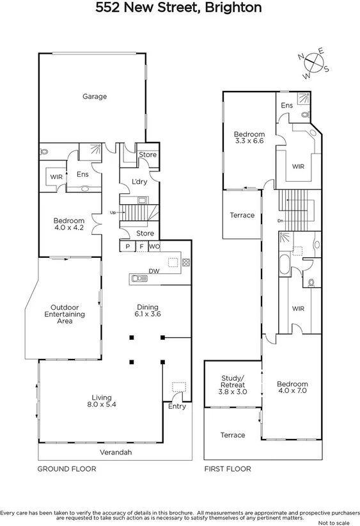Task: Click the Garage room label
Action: point(94,97)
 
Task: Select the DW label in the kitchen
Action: point(153,271)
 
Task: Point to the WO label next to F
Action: point(154,246)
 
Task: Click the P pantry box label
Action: point(127,246)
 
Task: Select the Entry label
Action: point(176,406)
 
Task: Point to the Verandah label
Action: point(116,452)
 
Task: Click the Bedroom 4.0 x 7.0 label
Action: point(292,388)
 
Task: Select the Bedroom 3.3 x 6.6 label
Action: point(249,138)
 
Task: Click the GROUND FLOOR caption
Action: point(67,469)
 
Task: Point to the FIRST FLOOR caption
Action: point(228,469)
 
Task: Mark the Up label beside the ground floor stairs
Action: point(113,212)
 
